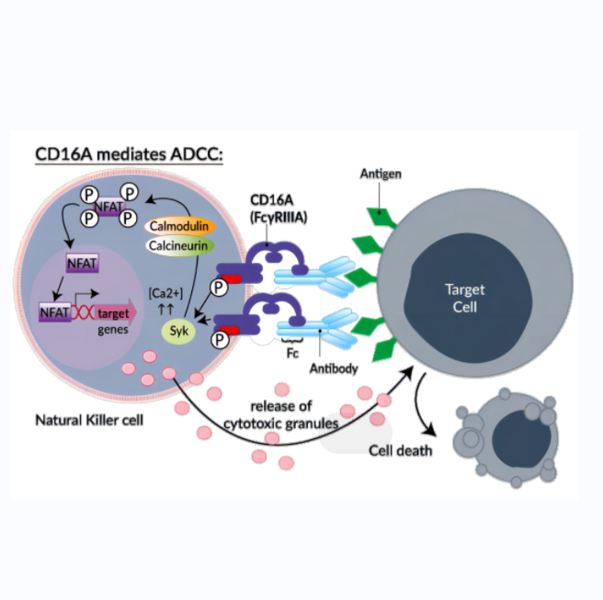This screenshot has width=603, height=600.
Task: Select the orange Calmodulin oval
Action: point(180,226)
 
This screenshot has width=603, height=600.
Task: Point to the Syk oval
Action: point(173,329)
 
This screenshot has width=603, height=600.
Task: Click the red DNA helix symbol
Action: point(84,313)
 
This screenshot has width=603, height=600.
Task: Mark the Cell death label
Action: point(400,450)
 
